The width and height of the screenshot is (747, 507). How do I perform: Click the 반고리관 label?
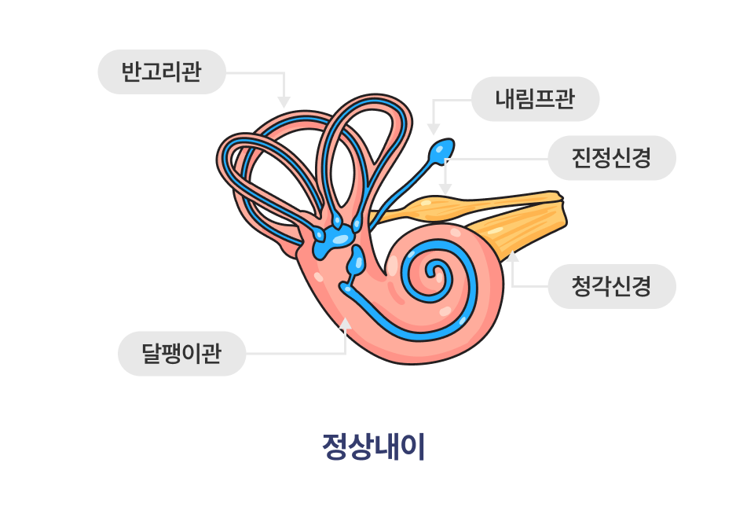pyautogui.click(x=162, y=72)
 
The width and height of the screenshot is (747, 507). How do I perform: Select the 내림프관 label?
pyautogui.click(x=535, y=99)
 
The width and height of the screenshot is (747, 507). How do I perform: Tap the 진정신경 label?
pyautogui.click(x=611, y=158)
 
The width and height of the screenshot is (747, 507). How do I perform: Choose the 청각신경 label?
pyautogui.click(x=611, y=285)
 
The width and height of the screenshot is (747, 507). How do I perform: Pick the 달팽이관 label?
pyautogui.click(x=181, y=353)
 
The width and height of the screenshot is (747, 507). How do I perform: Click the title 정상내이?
pyautogui.click(x=373, y=446)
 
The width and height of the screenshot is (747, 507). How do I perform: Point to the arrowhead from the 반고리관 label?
pyautogui.click(x=284, y=102)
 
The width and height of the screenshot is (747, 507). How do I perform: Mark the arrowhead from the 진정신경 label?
pyautogui.click(x=445, y=190)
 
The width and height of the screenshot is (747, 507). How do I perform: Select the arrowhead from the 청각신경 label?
pyautogui.click(x=512, y=255)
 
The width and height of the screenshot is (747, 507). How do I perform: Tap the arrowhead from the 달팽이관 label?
pyautogui.click(x=346, y=322)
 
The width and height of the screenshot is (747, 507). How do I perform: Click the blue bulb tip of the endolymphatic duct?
pyautogui.click(x=443, y=149)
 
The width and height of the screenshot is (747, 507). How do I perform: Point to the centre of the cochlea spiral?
pyautogui.click(x=433, y=274)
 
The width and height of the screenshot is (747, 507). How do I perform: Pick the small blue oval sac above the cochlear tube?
pyautogui.click(x=357, y=259)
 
